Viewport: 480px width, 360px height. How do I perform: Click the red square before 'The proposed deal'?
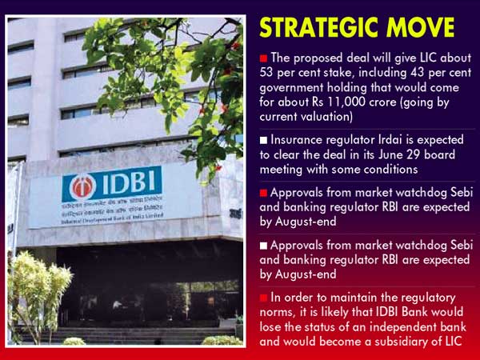click(x=263, y=58)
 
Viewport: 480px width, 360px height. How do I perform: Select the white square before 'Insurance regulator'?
click(x=263, y=140)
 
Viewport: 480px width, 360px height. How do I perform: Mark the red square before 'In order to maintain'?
click(x=263, y=298)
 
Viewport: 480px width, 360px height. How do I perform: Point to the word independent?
click(x=403, y=327)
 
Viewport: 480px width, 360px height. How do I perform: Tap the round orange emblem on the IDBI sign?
click(x=82, y=186)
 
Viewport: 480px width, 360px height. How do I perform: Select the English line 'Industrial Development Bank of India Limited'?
click(x=112, y=218)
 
